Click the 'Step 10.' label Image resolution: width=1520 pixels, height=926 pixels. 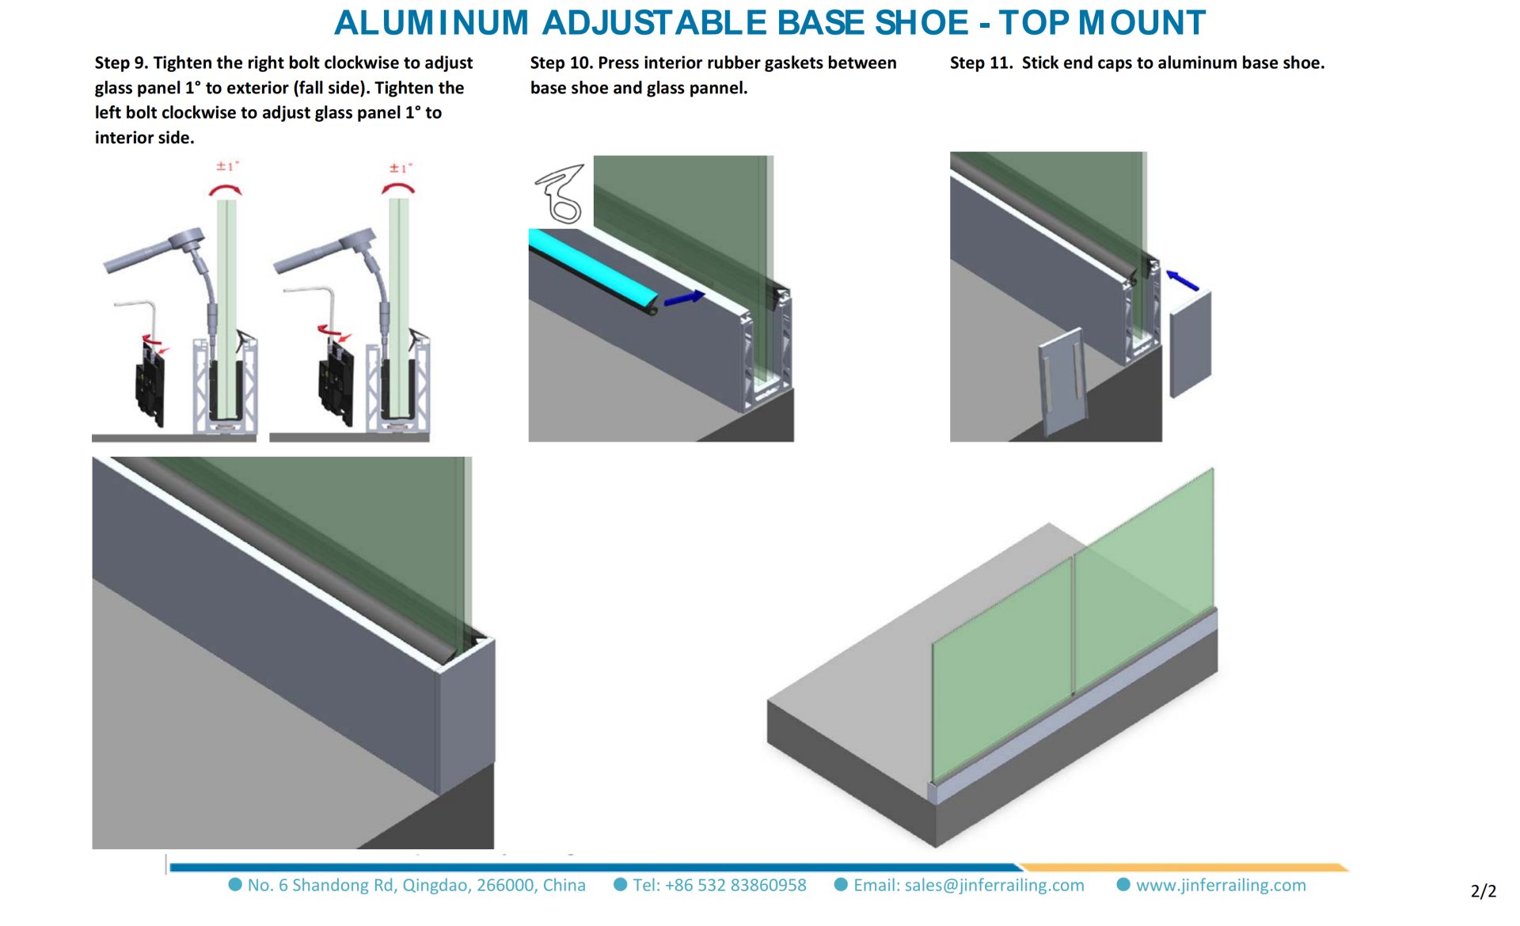(x=561, y=63)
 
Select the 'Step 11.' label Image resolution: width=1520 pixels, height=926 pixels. (x=981, y=63)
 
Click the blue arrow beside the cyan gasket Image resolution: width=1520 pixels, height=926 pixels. (x=684, y=298)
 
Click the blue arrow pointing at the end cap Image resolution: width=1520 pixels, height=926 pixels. (x=1183, y=280)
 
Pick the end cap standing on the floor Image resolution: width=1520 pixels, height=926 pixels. (x=1062, y=380)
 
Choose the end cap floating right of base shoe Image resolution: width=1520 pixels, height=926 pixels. (x=1190, y=343)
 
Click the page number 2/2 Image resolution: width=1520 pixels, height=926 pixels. (x=1483, y=891)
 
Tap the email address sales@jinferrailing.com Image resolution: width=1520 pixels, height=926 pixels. (x=968, y=885)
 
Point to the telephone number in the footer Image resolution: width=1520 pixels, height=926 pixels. (x=719, y=885)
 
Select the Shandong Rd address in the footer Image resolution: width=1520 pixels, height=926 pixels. (x=416, y=885)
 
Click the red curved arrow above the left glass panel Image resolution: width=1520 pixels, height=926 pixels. (x=225, y=190)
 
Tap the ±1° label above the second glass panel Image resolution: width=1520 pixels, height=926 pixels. (x=401, y=168)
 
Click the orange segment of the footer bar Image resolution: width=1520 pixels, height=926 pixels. (x=1184, y=867)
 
